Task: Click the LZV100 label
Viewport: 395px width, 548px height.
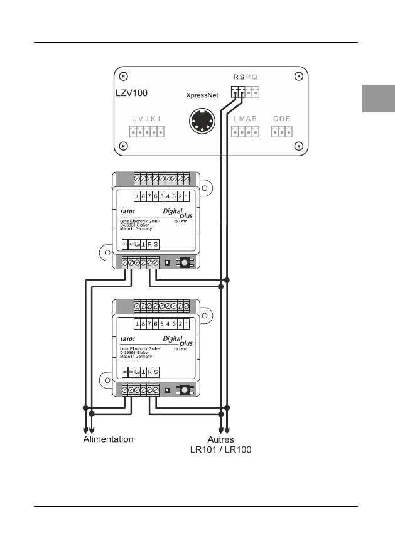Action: click(131, 93)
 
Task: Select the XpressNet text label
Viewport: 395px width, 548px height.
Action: click(202, 95)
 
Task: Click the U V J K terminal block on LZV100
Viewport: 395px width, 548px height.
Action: click(147, 131)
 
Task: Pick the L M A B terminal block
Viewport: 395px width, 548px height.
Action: click(245, 131)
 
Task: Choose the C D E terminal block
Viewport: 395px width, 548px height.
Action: click(282, 131)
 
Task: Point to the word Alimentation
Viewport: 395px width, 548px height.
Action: click(108, 439)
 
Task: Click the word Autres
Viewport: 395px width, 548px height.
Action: click(220, 439)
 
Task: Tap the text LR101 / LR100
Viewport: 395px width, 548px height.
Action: click(220, 450)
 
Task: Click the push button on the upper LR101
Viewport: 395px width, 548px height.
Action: click(185, 262)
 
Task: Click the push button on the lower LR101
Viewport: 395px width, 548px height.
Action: click(185, 390)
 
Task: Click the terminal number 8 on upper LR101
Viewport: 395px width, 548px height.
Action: click(144, 196)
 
